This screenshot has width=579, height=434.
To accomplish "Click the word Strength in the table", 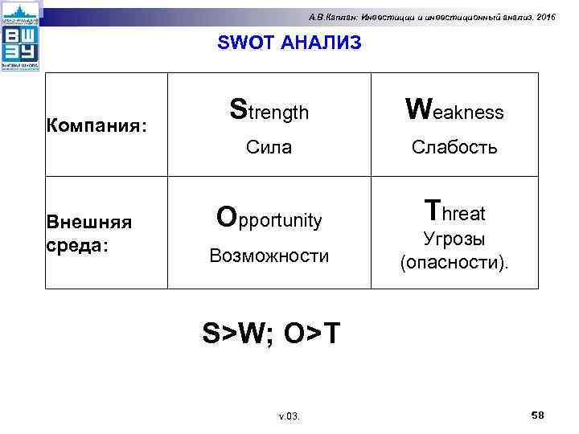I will pyautogui.click(x=269, y=110).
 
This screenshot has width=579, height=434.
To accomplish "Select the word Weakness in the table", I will pyautogui.click(x=454, y=110).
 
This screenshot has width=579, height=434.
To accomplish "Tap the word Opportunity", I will pyautogui.click(x=269, y=218).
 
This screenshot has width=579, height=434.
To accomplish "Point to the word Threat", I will pyautogui.click(x=454, y=212).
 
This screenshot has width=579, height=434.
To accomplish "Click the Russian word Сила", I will pyautogui.click(x=269, y=147).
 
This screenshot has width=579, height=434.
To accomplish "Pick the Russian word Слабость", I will pyautogui.click(x=454, y=147).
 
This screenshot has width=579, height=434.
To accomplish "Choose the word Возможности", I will pyautogui.click(x=269, y=256).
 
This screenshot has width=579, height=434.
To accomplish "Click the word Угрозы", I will pyautogui.click(x=454, y=240).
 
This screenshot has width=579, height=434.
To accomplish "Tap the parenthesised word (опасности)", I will pyautogui.click(x=454, y=263).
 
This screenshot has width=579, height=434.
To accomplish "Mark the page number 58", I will pyautogui.click(x=538, y=414).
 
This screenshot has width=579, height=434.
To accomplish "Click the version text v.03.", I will pyautogui.click(x=289, y=416).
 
